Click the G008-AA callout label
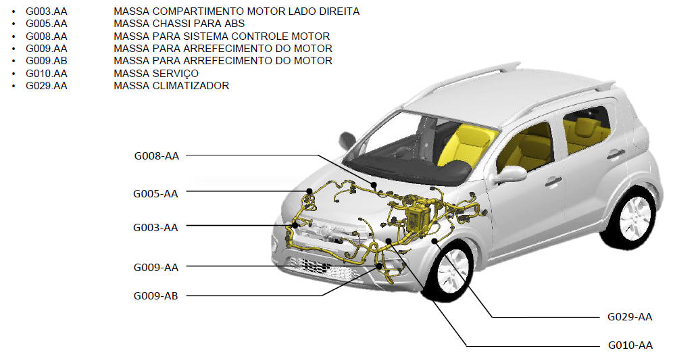[x=157, y=156]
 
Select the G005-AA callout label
[x=155, y=194]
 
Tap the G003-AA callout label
[x=155, y=228]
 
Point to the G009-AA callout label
[x=156, y=268]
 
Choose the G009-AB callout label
[x=156, y=296]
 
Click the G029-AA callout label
[x=630, y=317]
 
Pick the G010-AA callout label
[x=630, y=345]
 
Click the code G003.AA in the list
[x=47, y=11]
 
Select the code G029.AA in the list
[x=47, y=86]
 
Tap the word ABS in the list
[x=234, y=24]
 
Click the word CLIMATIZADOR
[x=191, y=86]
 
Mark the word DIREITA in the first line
[x=337, y=11]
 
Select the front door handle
[x=553, y=181]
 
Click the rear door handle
[x=616, y=154]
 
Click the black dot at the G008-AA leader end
[x=374, y=185]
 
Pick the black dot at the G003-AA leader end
[x=295, y=225]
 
